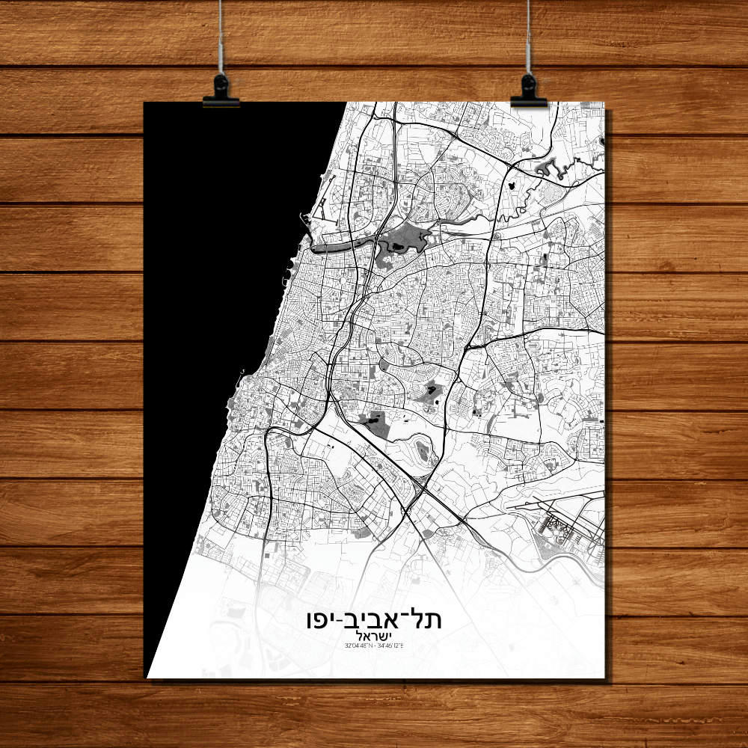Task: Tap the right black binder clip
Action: point(529,92)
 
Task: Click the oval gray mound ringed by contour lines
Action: point(422,449)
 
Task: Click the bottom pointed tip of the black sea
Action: point(149,674)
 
